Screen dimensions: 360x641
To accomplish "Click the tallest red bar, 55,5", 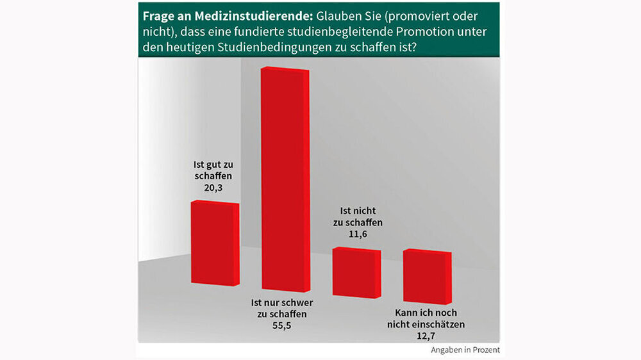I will click(285, 179).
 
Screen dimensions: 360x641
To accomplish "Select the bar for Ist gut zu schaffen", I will click(215, 243).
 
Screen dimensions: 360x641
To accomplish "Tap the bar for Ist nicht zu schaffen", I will click(356, 272).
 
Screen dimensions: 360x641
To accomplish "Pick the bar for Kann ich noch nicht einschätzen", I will click(427, 277).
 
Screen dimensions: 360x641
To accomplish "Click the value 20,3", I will click(215, 189).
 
